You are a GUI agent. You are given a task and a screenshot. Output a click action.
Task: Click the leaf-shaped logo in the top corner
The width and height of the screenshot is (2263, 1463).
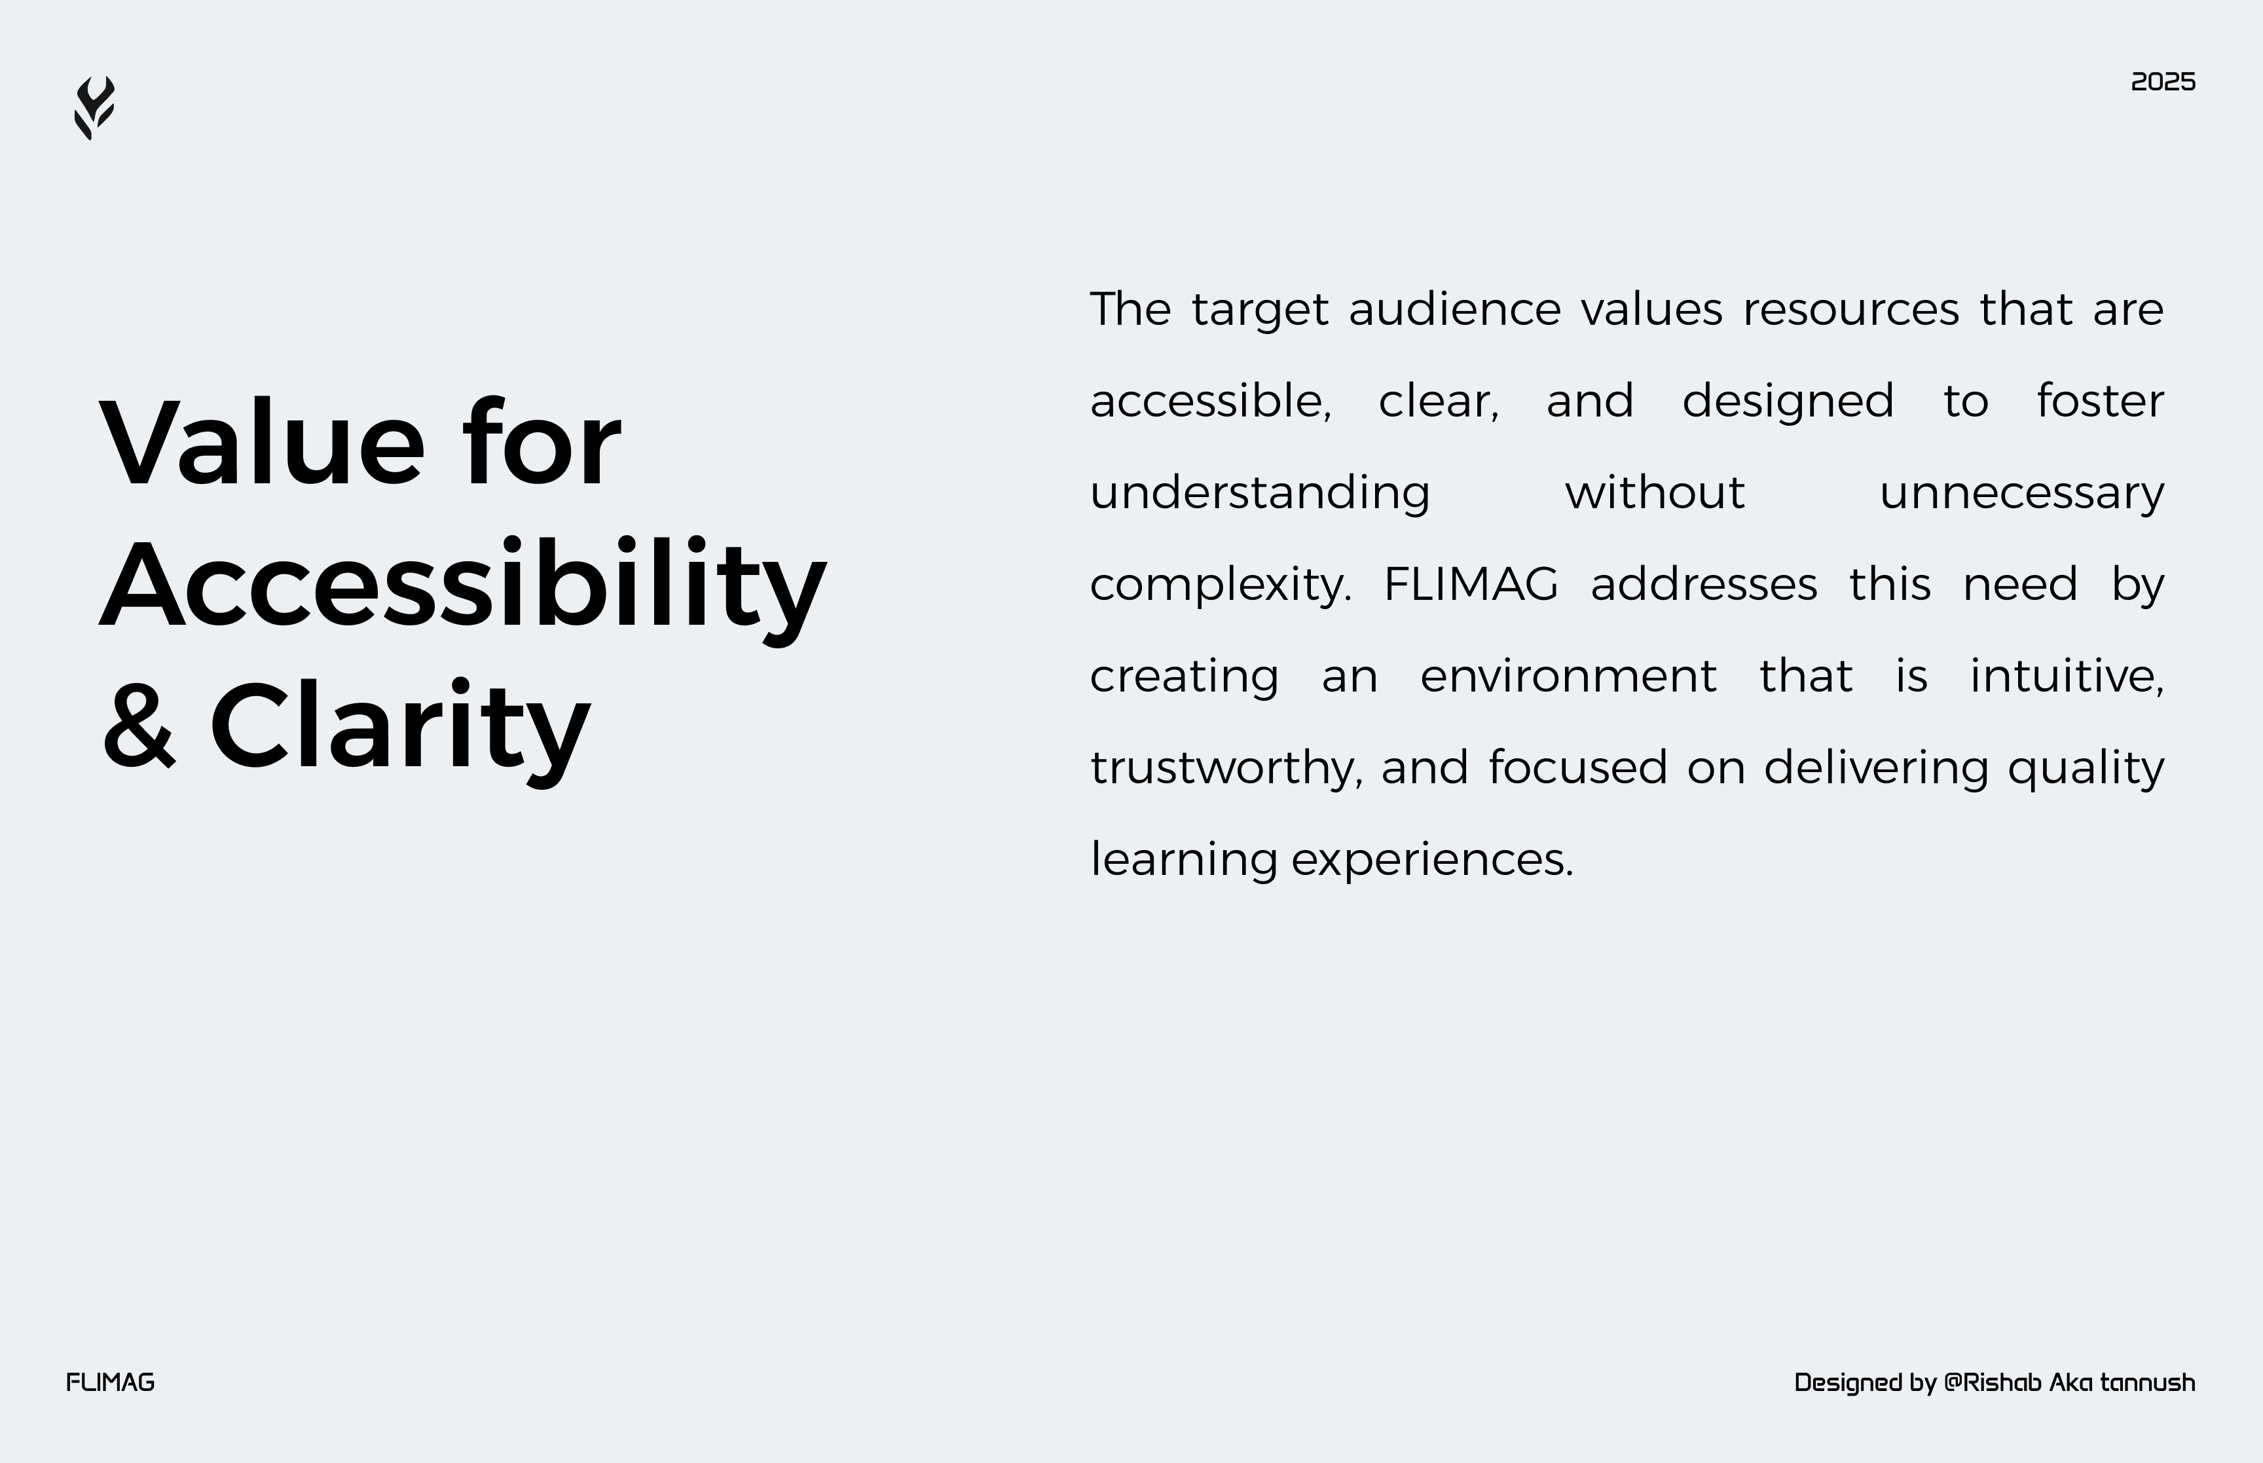coord(94,108)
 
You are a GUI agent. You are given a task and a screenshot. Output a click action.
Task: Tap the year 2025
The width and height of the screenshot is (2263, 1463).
coord(2162,83)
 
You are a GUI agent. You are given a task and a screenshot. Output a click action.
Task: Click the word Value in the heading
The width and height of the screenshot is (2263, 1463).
coord(262,443)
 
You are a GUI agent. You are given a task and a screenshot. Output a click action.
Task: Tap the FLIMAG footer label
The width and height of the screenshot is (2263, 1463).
coord(110,1382)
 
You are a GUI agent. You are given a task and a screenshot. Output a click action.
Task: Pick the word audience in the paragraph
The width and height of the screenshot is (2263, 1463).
coord(1454,310)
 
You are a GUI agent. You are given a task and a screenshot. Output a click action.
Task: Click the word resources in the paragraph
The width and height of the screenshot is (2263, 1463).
coord(1850,310)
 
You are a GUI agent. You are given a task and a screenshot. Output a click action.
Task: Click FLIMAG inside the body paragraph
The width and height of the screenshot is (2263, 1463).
coord(1470,584)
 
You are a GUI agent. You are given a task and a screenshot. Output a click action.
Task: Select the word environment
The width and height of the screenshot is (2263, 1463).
coord(1568,676)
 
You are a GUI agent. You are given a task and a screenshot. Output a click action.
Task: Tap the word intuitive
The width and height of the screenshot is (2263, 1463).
coord(2067,676)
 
